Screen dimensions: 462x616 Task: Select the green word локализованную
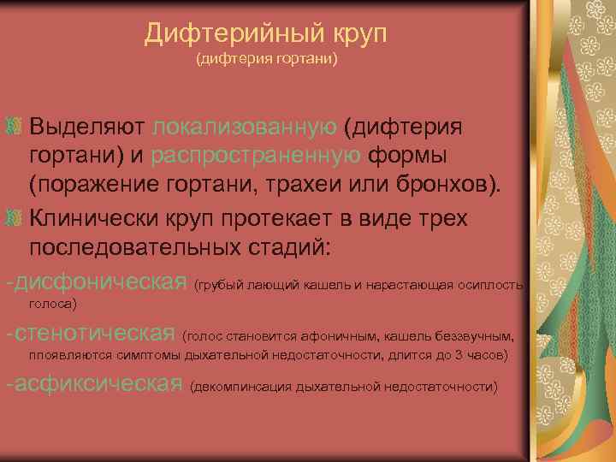pos(245,127)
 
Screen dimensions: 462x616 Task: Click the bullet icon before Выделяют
pos(14,127)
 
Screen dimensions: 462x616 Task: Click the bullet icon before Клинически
pos(14,217)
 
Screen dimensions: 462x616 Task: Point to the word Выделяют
pos(87,127)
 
